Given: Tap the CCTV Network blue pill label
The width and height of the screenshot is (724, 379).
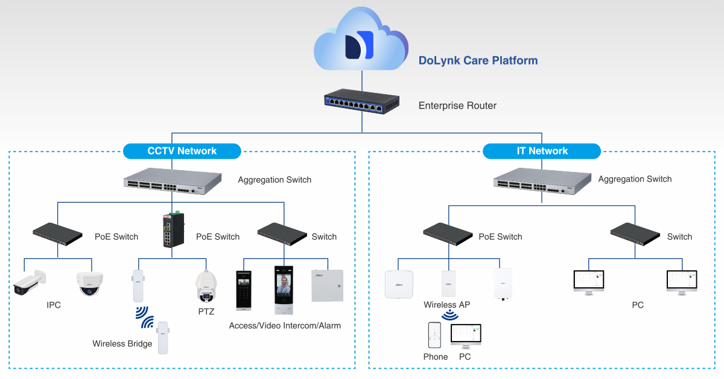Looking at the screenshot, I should point(182,151).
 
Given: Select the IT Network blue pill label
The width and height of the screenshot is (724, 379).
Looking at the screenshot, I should point(542,151).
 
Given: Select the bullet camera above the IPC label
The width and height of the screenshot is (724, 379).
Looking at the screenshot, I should point(30,283).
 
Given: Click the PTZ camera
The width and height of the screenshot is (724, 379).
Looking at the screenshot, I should point(206,286).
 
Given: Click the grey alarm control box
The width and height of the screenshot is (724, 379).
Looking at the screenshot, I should point(328,285).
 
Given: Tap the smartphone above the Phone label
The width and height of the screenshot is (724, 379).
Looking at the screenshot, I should point(434,335).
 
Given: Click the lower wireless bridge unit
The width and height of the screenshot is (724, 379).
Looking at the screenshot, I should point(162,337).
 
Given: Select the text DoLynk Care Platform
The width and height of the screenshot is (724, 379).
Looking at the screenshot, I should point(478,60).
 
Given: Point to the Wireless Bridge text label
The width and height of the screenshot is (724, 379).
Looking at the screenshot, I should point(122,344).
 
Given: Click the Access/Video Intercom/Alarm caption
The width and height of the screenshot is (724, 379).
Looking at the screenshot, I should point(285,326).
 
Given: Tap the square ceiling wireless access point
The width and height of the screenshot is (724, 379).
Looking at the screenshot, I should point(401,284).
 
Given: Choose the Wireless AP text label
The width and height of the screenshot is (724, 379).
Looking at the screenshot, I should point(446,305).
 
